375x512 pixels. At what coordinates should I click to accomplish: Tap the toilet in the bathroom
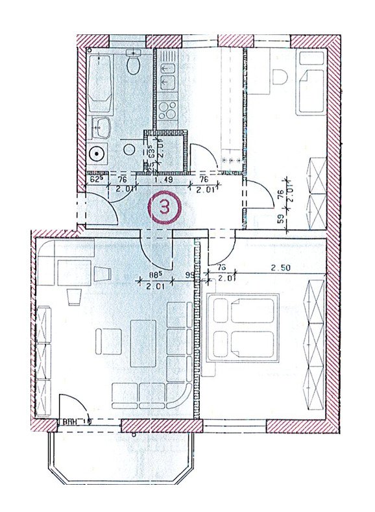pyautogui.click(x=134, y=63)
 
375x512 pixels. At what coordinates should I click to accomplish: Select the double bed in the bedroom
pyautogui.click(x=242, y=327)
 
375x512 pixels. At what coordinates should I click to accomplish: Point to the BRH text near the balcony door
pyautogui.click(x=70, y=421)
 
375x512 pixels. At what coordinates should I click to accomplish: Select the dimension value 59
pyautogui.click(x=280, y=219)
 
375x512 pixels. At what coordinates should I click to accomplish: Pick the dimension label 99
pyautogui.click(x=190, y=275)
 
